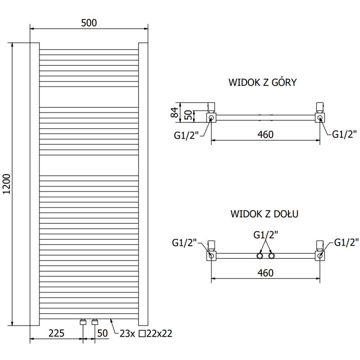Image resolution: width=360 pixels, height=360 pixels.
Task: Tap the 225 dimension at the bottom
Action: point(56,333)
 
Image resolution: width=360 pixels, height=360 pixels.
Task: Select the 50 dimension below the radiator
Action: point(103,333)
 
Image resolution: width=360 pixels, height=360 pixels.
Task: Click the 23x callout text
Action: point(128,333)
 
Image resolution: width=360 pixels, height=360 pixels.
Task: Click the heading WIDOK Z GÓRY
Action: point(262,82)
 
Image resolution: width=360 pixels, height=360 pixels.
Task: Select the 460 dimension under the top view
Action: point(265,135)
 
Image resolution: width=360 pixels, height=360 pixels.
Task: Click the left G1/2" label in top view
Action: point(185,135)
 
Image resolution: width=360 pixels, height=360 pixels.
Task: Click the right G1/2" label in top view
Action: point(346,134)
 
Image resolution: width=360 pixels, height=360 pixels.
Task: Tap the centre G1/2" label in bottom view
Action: point(265,234)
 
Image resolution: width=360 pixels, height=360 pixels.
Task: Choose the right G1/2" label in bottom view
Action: point(346,243)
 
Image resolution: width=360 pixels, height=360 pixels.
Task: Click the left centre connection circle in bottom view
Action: point(260,256)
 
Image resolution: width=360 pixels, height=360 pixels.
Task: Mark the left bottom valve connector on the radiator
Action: point(83,322)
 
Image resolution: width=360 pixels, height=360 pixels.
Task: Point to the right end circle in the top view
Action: point(320,118)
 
